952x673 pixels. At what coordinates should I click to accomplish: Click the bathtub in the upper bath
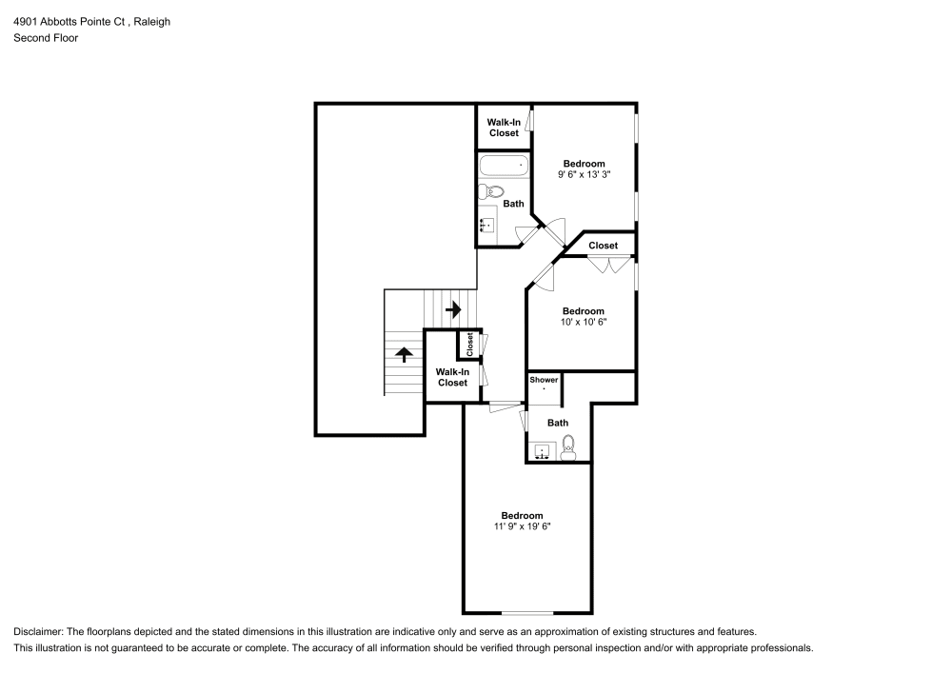(x=503, y=166)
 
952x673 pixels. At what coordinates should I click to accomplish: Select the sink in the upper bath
(x=487, y=225)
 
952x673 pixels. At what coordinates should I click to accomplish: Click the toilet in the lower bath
(x=568, y=446)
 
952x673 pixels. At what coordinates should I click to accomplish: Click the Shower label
(x=544, y=380)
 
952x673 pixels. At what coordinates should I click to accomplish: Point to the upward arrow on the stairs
(x=405, y=354)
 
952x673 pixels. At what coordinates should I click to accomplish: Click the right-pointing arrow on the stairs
(x=453, y=309)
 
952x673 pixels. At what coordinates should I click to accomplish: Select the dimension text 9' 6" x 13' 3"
(x=583, y=174)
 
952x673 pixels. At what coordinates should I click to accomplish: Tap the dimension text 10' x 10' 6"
(x=583, y=322)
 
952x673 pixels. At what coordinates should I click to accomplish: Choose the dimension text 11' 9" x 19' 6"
(x=522, y=526)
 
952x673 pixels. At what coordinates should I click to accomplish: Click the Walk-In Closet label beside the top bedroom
(x=504, y=128)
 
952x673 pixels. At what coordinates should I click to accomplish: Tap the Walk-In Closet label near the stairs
(x=452, y=377)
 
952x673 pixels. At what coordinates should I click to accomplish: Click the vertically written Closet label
(x=469, y=344)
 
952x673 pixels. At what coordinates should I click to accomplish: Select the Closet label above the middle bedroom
(x=603, y=246)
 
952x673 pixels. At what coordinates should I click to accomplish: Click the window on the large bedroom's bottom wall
(x=527, y=612)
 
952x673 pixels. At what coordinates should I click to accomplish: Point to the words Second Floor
(x=46, y=38)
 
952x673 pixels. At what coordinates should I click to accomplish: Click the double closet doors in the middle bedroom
(x=608, y=266)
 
